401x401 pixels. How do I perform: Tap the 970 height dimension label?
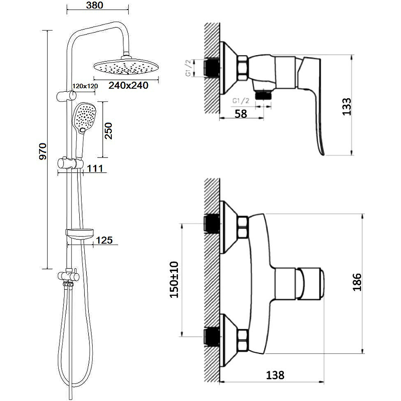43,151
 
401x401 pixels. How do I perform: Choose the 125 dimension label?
104,241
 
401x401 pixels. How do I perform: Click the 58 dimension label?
241,114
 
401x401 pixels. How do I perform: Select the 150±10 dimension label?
174,279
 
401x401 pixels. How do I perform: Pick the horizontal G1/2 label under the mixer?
241,101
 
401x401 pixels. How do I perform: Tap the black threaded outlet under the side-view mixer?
263,93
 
